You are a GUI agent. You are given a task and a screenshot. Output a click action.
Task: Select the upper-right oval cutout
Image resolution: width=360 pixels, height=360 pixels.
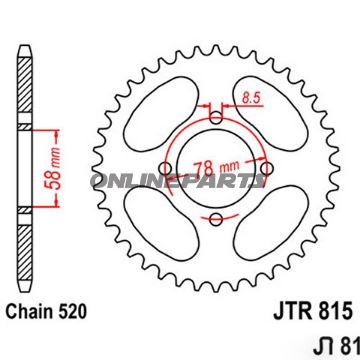point(273,108)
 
